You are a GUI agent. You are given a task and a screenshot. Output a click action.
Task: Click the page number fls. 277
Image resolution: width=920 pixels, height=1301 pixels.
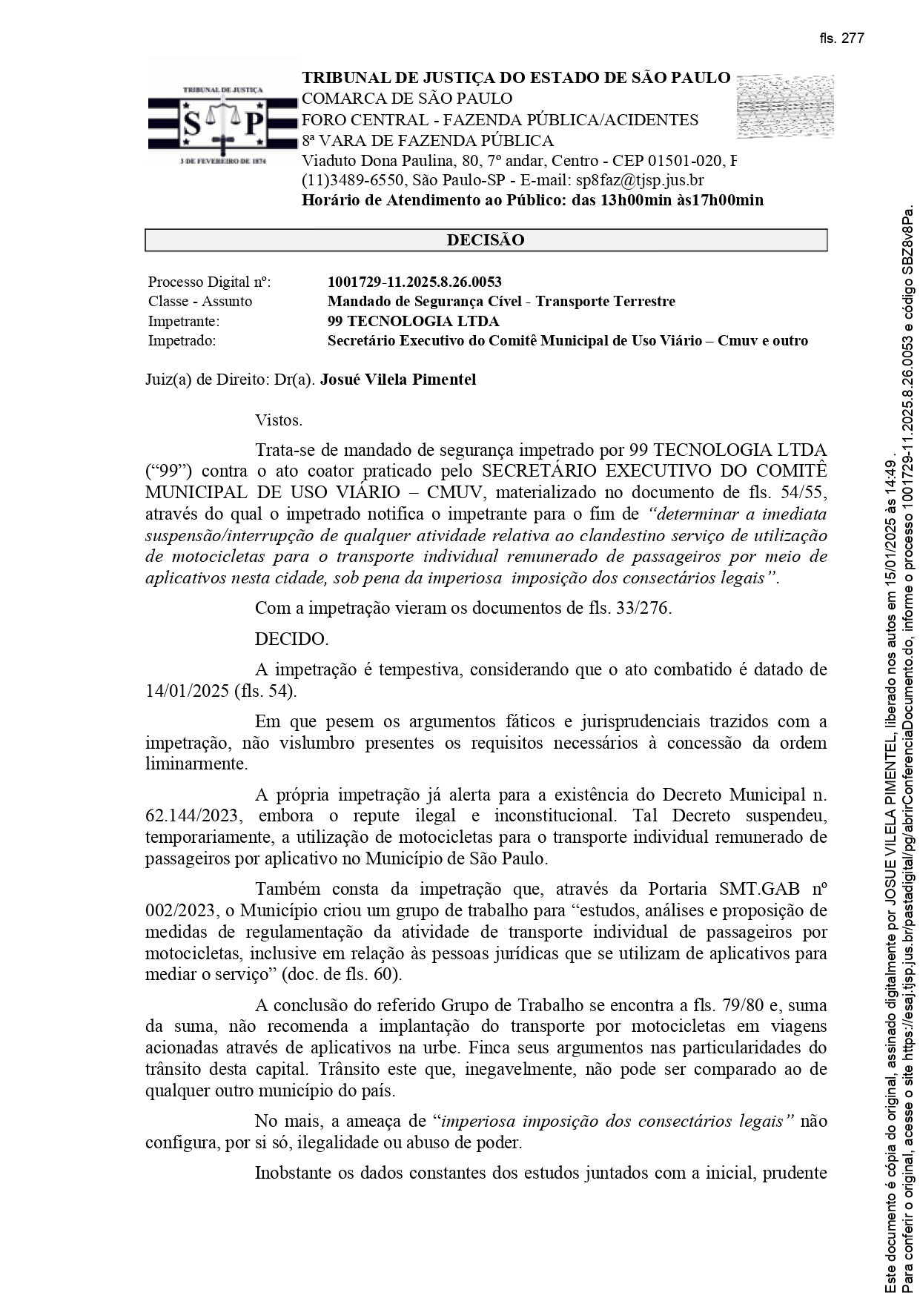point(841,39)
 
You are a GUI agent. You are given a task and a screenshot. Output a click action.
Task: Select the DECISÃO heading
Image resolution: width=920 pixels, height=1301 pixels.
point(486,240)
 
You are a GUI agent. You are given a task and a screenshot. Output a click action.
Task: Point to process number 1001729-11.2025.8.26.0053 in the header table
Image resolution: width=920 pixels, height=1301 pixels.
point(414,282)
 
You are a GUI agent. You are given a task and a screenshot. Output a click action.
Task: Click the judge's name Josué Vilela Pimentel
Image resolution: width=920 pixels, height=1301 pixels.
point(398,380)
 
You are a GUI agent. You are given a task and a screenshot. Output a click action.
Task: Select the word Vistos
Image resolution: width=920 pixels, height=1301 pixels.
point(279,420)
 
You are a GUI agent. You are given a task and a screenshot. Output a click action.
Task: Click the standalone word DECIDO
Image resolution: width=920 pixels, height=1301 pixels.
point(291,639)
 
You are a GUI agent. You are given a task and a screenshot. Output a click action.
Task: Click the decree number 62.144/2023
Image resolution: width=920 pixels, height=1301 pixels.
point(191,816)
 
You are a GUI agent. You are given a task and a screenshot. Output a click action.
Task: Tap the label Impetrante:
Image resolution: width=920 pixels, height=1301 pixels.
point(184,321)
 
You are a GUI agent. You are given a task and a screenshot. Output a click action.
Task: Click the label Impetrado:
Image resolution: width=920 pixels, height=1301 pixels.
point(182,341)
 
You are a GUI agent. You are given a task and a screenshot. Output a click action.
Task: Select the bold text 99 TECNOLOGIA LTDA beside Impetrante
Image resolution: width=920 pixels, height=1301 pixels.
point(413,321)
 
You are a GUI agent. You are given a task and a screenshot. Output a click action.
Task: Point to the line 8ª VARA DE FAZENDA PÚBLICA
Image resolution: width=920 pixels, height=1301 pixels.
point(428,141)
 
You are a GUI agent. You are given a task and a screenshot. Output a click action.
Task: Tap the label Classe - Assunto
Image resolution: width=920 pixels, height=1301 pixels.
point(200,301)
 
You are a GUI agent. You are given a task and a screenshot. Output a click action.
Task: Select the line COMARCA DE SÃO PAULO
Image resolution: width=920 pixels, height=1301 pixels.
point(407,99)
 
